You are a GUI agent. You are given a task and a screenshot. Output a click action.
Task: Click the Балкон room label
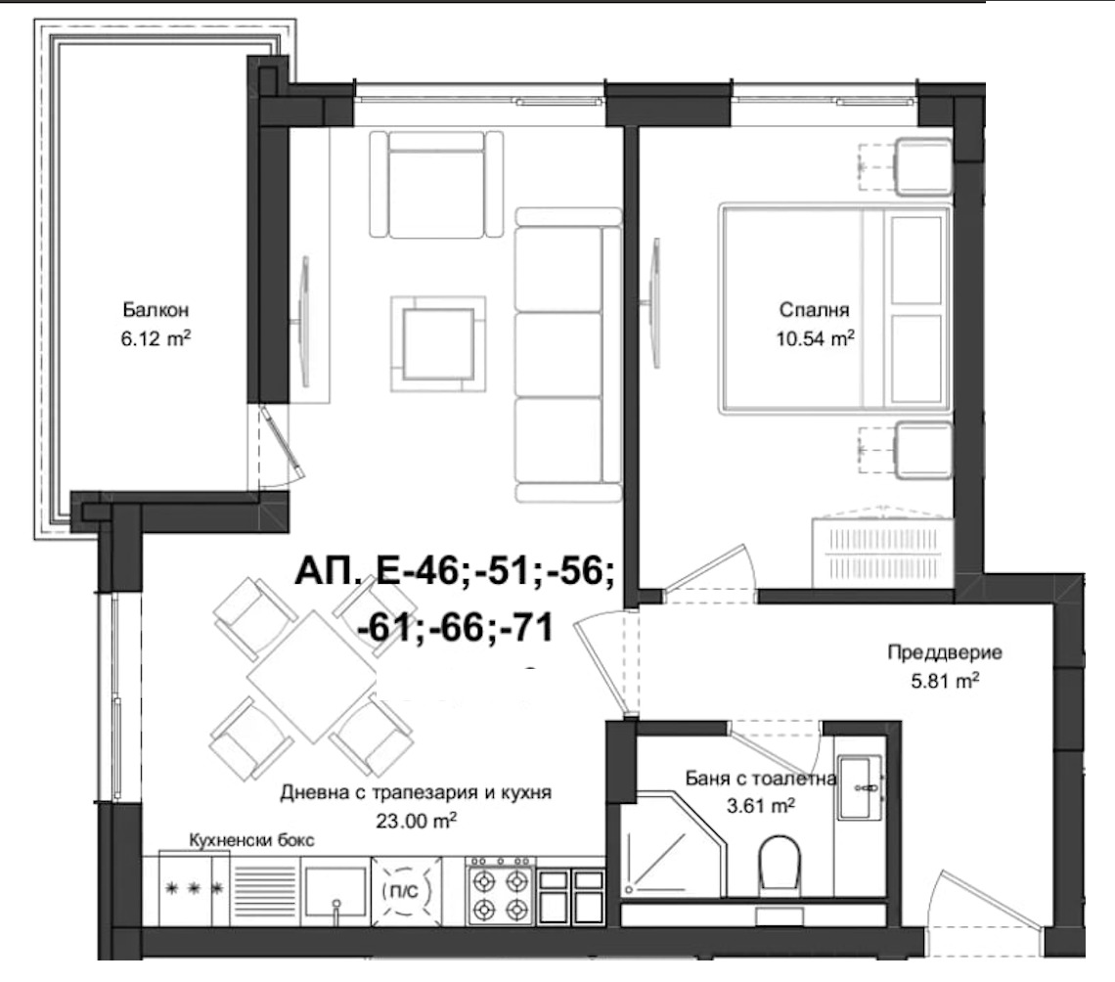pyautogui.click(x=155, y=310)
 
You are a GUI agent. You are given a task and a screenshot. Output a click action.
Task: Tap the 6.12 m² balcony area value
pyautogui.click(x=156, y=338)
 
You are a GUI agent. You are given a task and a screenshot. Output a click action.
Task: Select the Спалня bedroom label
pyautogui.click(x=814, y=310)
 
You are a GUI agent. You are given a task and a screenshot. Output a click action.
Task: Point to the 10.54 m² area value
pyautogui.click(x=815, y=338)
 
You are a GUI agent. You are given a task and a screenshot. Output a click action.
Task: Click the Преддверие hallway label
pyautogui.click(x=945, y=652)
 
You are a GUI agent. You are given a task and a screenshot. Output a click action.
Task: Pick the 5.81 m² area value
pyautogui.click(x=945, y=681)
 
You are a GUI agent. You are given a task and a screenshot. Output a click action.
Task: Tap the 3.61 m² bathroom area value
pyautogui.click(x=760, y=806)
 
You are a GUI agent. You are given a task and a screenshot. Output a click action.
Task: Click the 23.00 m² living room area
pyautogui.click(x=416, y=822)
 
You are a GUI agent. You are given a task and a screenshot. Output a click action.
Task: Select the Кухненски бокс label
pyautogui.click(x=251, y=840)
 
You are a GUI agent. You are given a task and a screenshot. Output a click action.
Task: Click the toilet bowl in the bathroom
pyautogui.click(x=780, y=866)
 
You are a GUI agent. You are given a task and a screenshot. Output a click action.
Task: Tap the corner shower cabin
pyautogui.click(x=672, y=844)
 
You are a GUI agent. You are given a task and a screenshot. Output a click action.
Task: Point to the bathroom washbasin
pyautogui.click(x=859, y=787)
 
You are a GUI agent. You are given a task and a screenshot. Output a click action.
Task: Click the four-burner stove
pyautogui.click(x=500, y=891)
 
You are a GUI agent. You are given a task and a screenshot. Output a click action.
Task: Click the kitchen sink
pyautogui.click(x=335, y=891)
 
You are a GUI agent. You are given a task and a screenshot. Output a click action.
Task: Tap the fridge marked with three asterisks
pyautogui.click(x=194, y=889)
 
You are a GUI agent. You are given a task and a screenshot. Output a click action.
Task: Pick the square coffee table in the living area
pyautogui.click(x=438, y=344)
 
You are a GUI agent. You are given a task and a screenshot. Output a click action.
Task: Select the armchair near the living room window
pyautogui.click(x=436, y=184)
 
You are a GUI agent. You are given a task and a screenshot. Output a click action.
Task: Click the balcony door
pyautogui.click(x=283, y=442)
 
